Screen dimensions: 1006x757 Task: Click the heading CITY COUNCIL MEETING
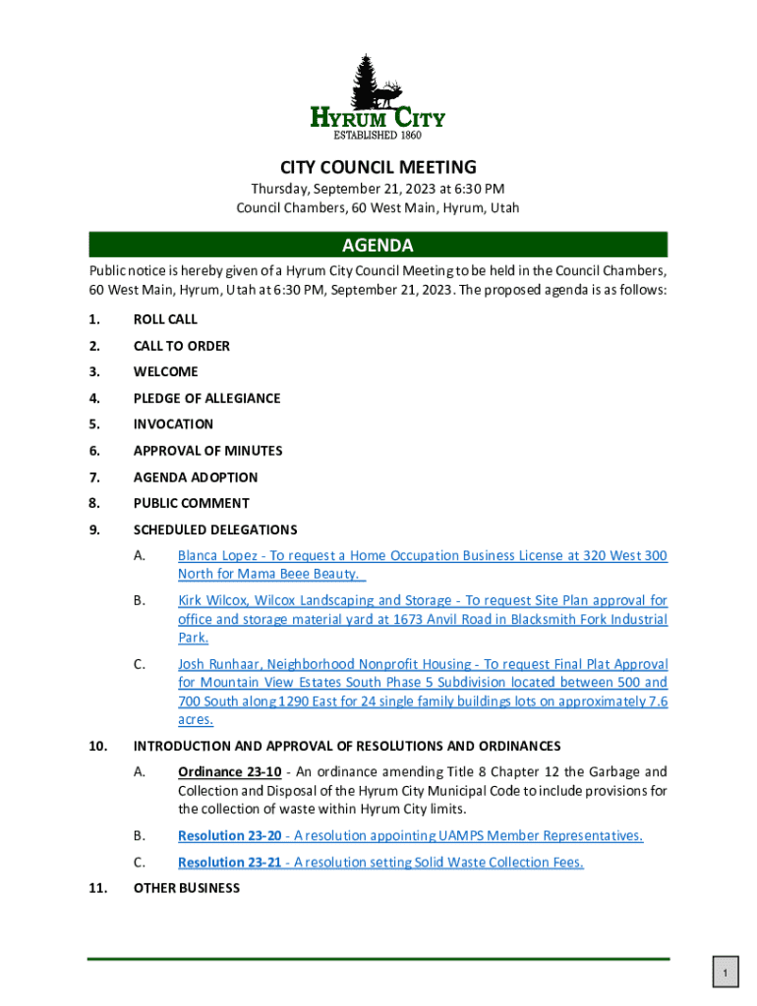point(378,167)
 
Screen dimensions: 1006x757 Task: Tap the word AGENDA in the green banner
point(378,245)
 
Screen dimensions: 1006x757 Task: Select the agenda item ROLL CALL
point(165,319)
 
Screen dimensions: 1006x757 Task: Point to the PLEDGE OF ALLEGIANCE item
point(206,398)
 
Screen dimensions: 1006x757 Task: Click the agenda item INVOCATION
point(173,424)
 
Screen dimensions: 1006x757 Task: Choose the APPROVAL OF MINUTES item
point(207,451)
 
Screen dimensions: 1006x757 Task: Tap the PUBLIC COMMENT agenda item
point(191,503)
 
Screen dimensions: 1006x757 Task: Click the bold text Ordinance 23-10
point(230,771)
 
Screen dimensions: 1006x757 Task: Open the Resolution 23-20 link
point(230,836)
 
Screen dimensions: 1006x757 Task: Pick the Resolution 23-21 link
point(230,863)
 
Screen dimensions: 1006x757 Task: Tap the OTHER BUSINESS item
point(186,888)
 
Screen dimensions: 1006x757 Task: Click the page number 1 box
point(725,974)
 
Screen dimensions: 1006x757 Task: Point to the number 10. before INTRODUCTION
point(98,746)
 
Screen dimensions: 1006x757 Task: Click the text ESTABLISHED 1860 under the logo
point(378,135)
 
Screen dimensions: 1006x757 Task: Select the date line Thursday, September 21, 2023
point(378,189)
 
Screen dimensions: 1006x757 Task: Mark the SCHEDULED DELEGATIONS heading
point(215,530)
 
